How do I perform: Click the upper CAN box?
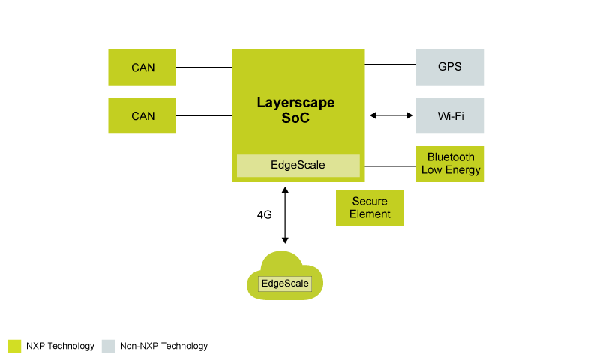pyautogui.click(x=142, y=67)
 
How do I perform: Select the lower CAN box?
pyautogui.click(x=142, y=115)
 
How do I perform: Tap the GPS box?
pyautogui.click(x=450, y=67)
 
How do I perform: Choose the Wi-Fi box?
pyautogui.click(x=450, y=115)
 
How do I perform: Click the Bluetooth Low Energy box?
pyautogui.click(x=451, y=164)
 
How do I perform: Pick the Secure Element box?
pyautogui.click(x=370, y=208)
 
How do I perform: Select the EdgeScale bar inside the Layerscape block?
pyautogui.click(x=298, y=165)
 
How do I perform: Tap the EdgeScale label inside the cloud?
pyautogui.click(x=285, y=284)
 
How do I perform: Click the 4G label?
pyautogui.click(x=264, y=214)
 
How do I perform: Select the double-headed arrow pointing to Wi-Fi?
pyautogui.click(x=391, y=115)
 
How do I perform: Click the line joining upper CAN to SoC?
pyautogui.click(x=204, y=67)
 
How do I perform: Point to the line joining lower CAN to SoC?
pyautogui.click(x=204, y=115)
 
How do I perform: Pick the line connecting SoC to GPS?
pyautogui.click(x=390, y=64)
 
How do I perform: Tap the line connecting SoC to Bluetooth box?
pyautogui.click(x=390, y=165)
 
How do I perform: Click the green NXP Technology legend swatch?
pyautogui.click(x=14, y=346)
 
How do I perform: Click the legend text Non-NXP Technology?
pyautogui.click(x=163, y=346)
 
